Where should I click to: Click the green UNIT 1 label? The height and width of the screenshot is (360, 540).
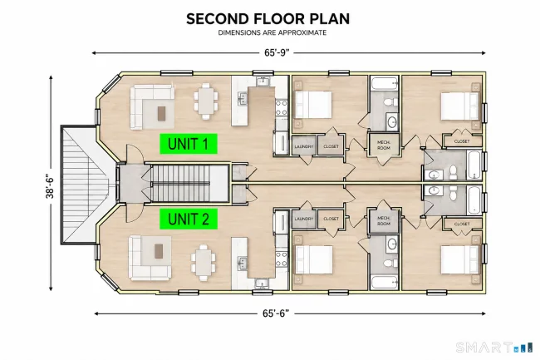tap(189, 144)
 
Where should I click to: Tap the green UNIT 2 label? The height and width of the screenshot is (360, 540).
tap(189, 219)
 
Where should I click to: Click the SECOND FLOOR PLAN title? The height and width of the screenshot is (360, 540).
tap(268, 19)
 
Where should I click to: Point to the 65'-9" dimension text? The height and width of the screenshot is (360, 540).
tap(277, 52)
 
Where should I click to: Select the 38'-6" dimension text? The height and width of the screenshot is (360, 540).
tap(51, 187)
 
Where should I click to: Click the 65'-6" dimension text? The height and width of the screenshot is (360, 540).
tap(276, 313)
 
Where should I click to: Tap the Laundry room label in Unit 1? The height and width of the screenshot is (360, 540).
tap(304, 147)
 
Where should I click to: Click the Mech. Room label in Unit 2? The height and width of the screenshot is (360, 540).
tap(384, 221)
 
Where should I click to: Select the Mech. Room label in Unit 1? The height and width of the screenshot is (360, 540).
tap(384, 145)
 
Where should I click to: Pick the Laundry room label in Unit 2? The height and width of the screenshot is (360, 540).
tap(304, 219)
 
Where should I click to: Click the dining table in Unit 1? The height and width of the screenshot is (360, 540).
tap(206, 101)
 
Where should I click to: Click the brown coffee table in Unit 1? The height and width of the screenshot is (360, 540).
tap(161, 113)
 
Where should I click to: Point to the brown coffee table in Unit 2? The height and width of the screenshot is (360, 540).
tap(159, 251)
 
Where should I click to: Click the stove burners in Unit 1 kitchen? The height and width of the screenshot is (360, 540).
tap(282, 108)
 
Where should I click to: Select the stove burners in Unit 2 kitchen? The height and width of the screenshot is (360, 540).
tap(282, 259)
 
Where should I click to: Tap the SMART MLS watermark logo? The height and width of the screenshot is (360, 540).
tap(494, 347)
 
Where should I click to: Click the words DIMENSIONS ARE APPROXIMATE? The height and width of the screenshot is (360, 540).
tap(272, 32)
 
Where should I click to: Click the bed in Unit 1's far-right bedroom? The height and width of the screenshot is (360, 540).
tap(460, 106)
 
